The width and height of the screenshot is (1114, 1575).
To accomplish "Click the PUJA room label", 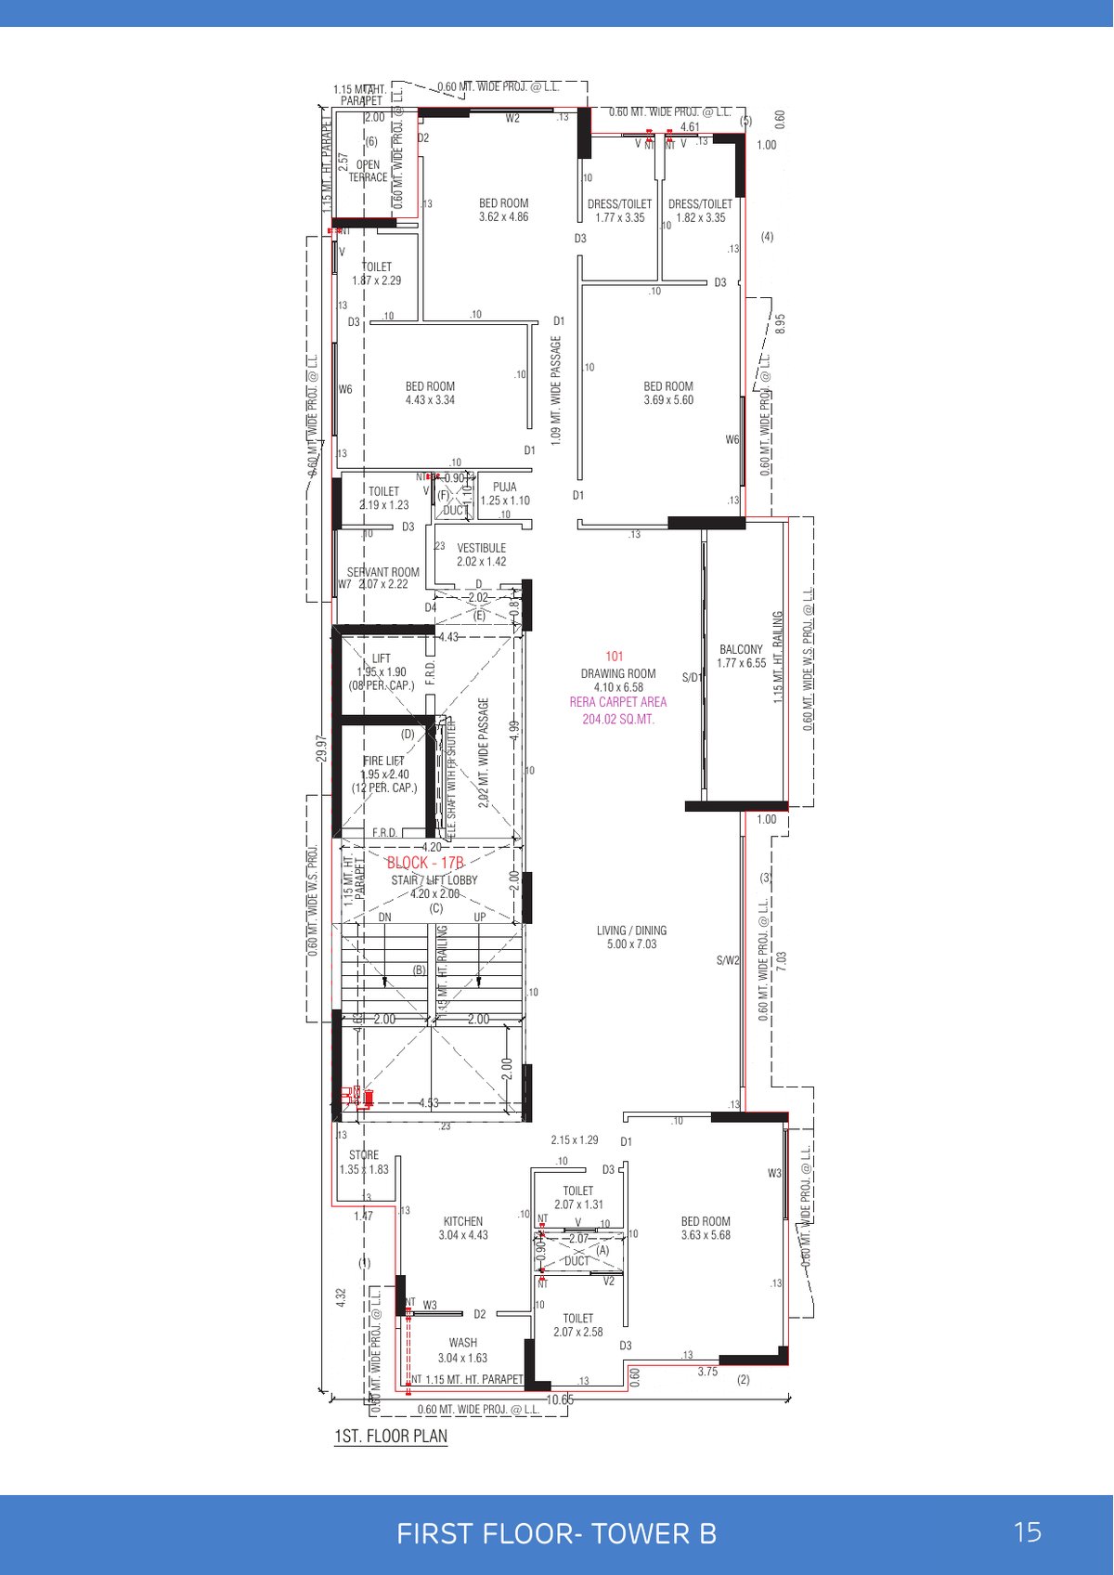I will coord(505,487).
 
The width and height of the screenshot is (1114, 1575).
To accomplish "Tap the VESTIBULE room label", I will coord(481,548).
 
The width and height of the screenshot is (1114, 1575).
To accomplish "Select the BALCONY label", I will coord(741,649).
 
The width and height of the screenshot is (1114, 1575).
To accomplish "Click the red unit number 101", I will coord(615,657).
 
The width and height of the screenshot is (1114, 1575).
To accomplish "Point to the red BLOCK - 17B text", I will coord(425,863).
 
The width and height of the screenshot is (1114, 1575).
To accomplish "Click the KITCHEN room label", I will coord(462,1221).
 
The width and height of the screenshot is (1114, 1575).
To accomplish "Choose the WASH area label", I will coord(462,1342).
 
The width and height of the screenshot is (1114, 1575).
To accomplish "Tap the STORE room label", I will coord(364,1155).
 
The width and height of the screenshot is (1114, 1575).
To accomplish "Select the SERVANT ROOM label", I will coord(382,572).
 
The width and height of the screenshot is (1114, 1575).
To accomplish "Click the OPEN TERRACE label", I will coord(368,171).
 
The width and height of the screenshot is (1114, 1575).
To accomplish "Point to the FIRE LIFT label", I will coord(383,761).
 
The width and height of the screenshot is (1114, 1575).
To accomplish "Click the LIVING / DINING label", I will coord(631,931).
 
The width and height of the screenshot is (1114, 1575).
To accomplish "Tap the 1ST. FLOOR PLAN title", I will coord(391,1436).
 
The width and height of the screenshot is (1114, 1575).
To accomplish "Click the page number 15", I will coord(1028,1532).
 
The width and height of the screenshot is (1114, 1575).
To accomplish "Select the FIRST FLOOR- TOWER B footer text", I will coord(556,1533).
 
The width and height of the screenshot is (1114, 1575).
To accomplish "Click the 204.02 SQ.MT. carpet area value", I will coord(618,719).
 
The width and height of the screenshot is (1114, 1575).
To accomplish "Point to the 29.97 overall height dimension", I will coord(321,748).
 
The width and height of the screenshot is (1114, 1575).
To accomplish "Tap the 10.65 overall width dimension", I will coord(560,1399).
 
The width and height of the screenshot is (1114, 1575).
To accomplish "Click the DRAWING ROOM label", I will coord(618,673).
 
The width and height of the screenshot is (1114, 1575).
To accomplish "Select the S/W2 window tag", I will coord(728,960).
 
